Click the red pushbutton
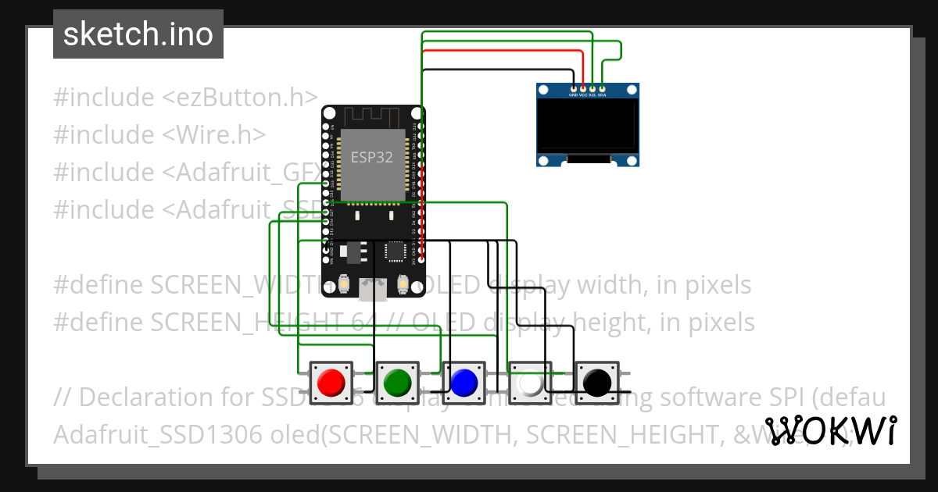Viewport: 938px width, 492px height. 331,382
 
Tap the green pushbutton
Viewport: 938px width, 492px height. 397,382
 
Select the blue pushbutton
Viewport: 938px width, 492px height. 464,382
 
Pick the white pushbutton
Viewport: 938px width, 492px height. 530,383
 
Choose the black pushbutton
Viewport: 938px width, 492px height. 596,382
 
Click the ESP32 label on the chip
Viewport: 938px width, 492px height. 371,157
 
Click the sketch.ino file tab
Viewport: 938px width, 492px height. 138,34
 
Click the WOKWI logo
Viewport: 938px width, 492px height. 830,430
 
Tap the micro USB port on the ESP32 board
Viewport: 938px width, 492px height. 372,291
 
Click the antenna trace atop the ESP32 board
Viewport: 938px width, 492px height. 372,117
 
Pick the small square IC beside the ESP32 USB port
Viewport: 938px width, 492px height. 396,251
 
